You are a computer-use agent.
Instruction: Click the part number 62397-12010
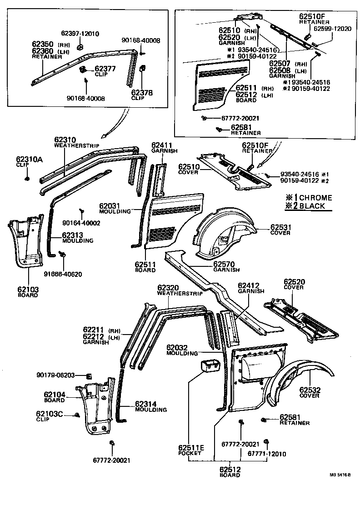point(80,34)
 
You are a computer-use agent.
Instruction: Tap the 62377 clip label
point(105,70)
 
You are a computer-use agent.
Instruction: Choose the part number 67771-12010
point(267,454)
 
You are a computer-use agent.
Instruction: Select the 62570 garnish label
point(226,266)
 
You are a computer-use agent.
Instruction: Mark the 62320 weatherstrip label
point(175,290)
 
